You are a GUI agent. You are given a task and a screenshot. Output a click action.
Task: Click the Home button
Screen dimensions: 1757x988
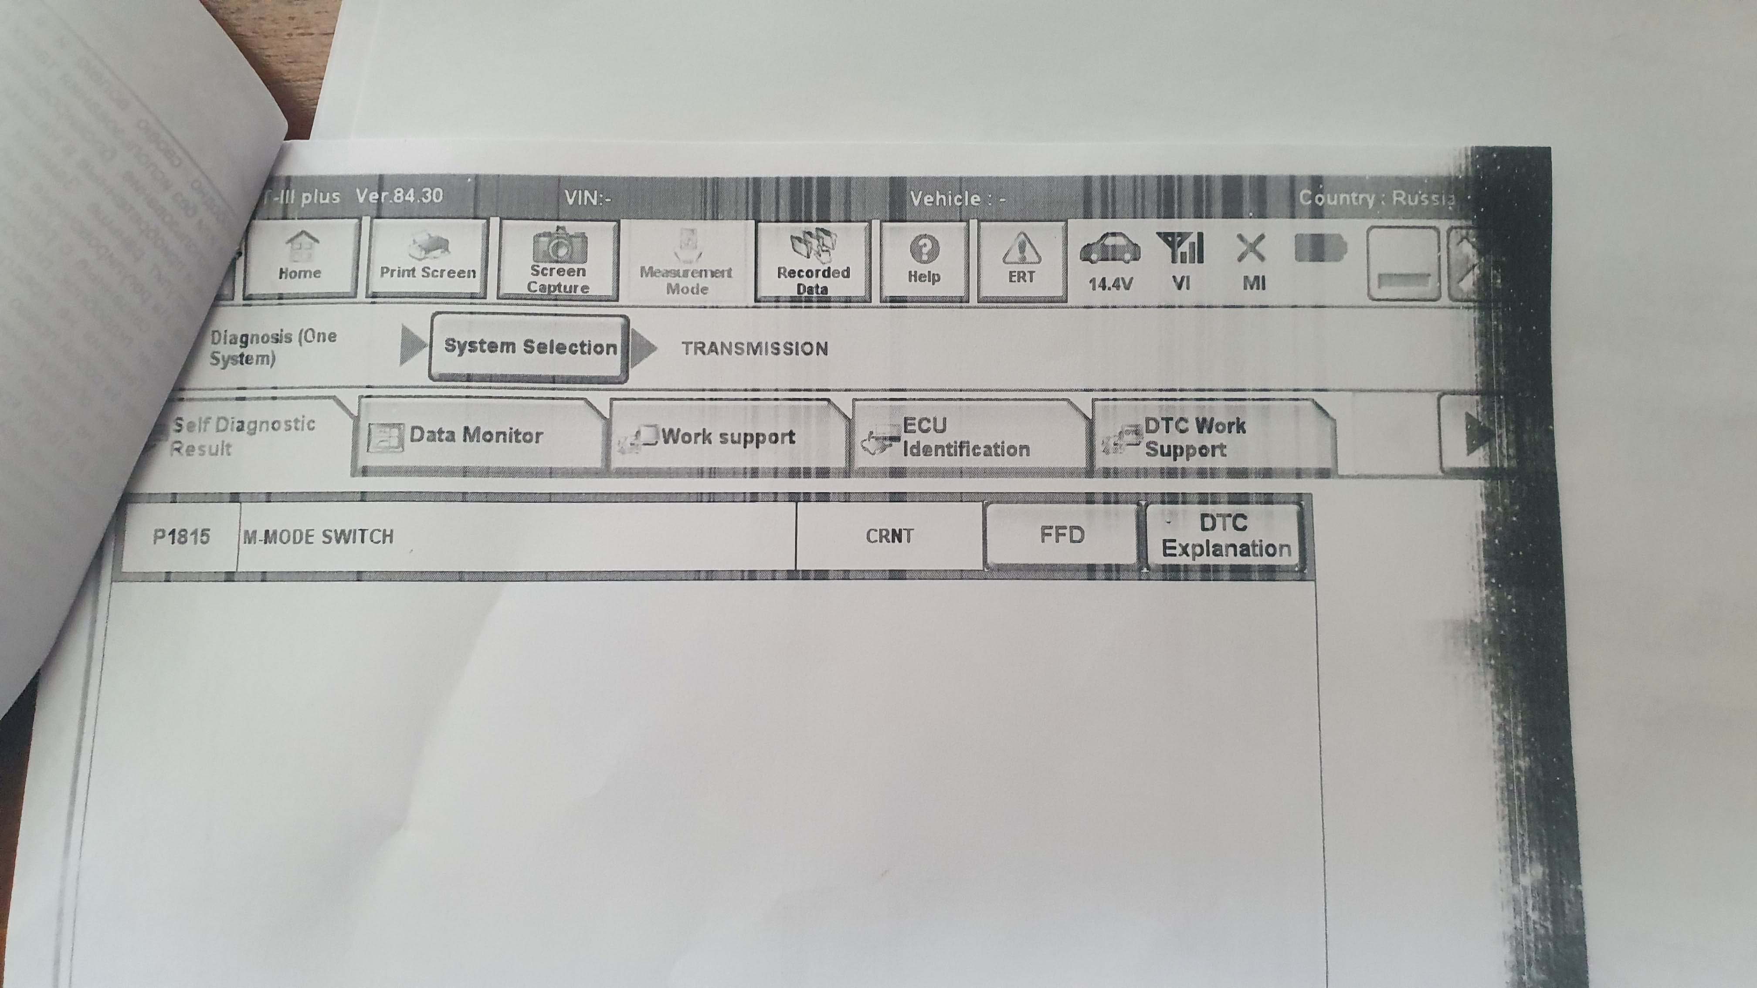300,259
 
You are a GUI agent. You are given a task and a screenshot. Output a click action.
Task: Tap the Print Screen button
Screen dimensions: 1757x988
427,260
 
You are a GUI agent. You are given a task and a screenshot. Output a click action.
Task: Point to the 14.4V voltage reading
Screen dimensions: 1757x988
1110,284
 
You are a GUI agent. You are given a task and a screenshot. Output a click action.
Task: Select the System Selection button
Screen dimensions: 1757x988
530,347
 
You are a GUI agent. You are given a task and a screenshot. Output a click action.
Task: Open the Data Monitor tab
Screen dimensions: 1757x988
478,436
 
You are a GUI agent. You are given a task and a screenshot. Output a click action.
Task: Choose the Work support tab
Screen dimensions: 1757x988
727,437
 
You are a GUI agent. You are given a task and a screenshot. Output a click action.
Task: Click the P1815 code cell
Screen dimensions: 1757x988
181,537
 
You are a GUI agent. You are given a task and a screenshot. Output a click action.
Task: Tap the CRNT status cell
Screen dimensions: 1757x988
889,536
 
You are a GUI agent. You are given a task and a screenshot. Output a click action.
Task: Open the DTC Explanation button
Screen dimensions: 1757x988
1226,536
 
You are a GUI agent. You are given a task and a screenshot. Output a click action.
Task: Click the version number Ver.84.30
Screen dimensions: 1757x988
400,196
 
